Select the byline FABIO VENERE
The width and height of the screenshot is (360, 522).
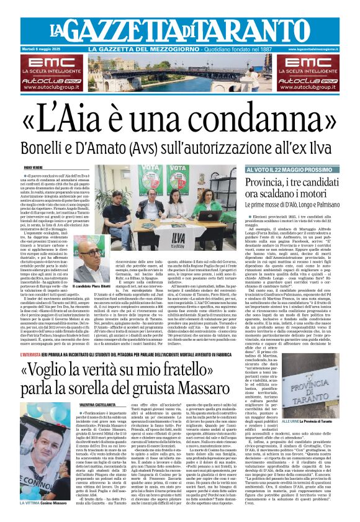pyautogui.click(x=33, y=167)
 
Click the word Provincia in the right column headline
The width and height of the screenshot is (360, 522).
pyautogui.click(x=264, y=183)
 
